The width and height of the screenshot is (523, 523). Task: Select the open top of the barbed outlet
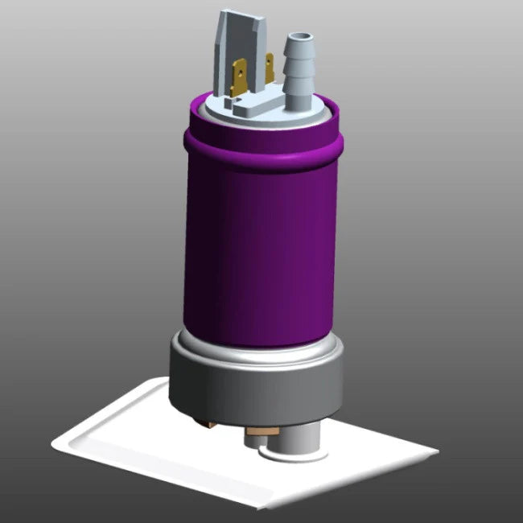click(299, 37)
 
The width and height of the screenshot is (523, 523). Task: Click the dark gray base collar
click(253, 386)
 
